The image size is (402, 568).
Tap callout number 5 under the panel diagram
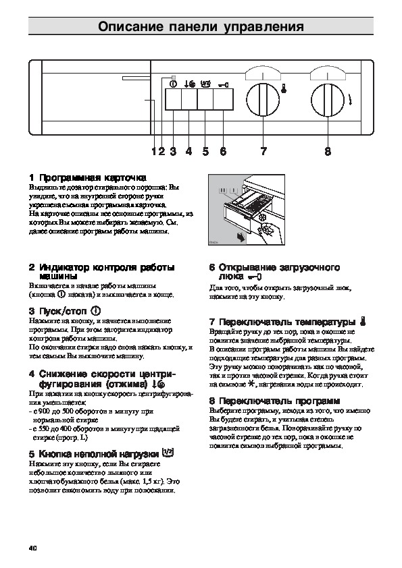coord(205,152)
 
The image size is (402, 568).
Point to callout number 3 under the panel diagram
coord(174,152)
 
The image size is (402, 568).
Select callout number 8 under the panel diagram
coord(328,152)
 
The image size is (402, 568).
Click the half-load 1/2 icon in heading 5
coord(168,452)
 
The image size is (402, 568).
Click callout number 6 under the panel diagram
coord(222,152)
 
